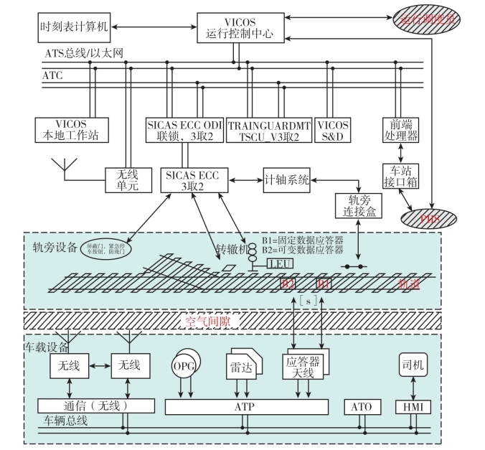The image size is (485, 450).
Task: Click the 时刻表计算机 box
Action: pyautogui.click(x=74, y=27)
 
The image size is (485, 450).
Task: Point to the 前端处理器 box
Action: pyautogui.click(x=401, y=129)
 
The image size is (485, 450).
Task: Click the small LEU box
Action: pyautogui.click(x=280, y=264)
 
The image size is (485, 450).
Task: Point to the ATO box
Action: pyautogui.click(x=362, y=406)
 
